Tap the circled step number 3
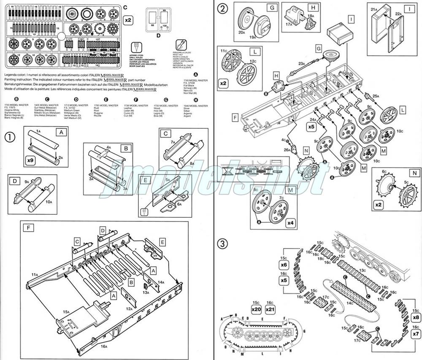(222, 244)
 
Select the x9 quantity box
(30, 161)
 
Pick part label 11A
(34, 275)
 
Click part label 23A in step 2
(302, 63)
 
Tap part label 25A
(376, 96)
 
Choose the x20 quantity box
(257, 309)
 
